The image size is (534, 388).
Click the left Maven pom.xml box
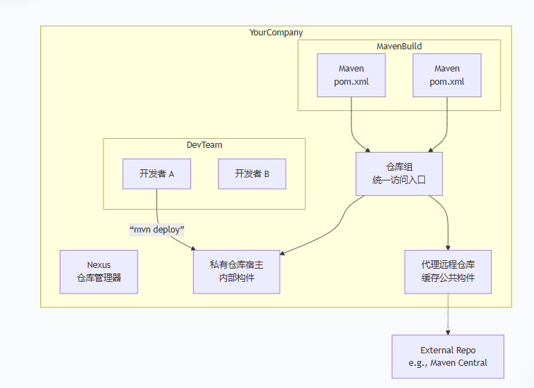[351, 75]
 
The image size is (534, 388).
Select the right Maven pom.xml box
[447, 75]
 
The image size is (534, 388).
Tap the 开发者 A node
[156, 174]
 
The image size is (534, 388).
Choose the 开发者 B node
[251, 174]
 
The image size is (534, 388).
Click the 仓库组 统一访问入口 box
[399, 174]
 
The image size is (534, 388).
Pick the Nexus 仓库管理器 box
[99, 271]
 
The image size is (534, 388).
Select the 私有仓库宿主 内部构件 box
[236, 271]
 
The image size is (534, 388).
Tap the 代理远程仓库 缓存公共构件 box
[447, 271]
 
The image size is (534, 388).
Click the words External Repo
[447, 351]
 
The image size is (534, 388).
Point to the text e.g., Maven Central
[447, 363]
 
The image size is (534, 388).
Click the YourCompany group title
[276, 33]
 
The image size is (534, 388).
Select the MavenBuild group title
[399, 47]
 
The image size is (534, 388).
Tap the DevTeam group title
[204, 145]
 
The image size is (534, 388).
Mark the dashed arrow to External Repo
[447, 314]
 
